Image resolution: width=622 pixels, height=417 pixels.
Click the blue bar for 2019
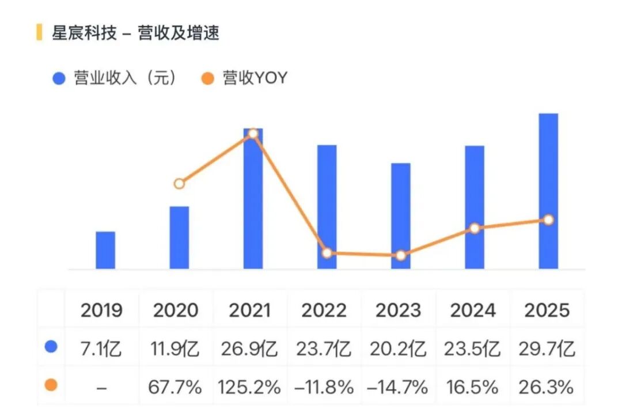point(105,250)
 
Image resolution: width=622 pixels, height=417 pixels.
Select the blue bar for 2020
point(179,238)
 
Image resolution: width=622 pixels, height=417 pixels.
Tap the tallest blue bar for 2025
point(548,191)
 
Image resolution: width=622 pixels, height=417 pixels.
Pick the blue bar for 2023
point(401,216)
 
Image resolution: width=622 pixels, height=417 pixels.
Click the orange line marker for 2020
point(179,184)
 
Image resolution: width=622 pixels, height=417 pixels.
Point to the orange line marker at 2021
point(253,134)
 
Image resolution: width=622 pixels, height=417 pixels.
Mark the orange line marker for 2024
point(475,229)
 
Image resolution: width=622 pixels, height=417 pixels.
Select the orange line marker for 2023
point(401,255)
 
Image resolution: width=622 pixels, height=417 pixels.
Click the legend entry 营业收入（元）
point(115,78)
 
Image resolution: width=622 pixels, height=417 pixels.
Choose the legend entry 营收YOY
point(244,78)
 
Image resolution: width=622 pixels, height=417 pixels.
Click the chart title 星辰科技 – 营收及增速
point(135,32)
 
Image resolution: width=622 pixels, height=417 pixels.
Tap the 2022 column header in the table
point(324,310)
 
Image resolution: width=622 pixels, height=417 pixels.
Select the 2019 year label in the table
point(101,310)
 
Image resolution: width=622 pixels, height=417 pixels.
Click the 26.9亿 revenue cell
point(249,349)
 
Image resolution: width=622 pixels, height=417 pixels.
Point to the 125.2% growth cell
point(249,387)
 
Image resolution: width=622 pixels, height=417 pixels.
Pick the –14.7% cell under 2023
point(398,387)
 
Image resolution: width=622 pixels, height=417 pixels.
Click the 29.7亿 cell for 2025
point(547,349)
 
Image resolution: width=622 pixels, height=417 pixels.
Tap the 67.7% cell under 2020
point(175,387)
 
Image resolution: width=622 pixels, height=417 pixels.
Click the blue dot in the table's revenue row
point(51,347)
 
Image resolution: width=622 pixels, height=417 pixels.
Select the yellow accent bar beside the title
point(39,32)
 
